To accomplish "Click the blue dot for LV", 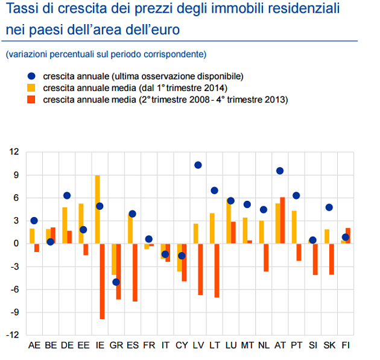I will [198, 165].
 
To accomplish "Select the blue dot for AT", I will [280, 171].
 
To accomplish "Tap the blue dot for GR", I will [116, 282].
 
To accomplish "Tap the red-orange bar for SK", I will [332, 259].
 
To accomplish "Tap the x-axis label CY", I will [182, 346].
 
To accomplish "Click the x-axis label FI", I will [346, 346].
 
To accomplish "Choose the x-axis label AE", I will [34, 346].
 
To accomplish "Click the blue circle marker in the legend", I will [31, 76].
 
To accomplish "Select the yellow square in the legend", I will [31, 88].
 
